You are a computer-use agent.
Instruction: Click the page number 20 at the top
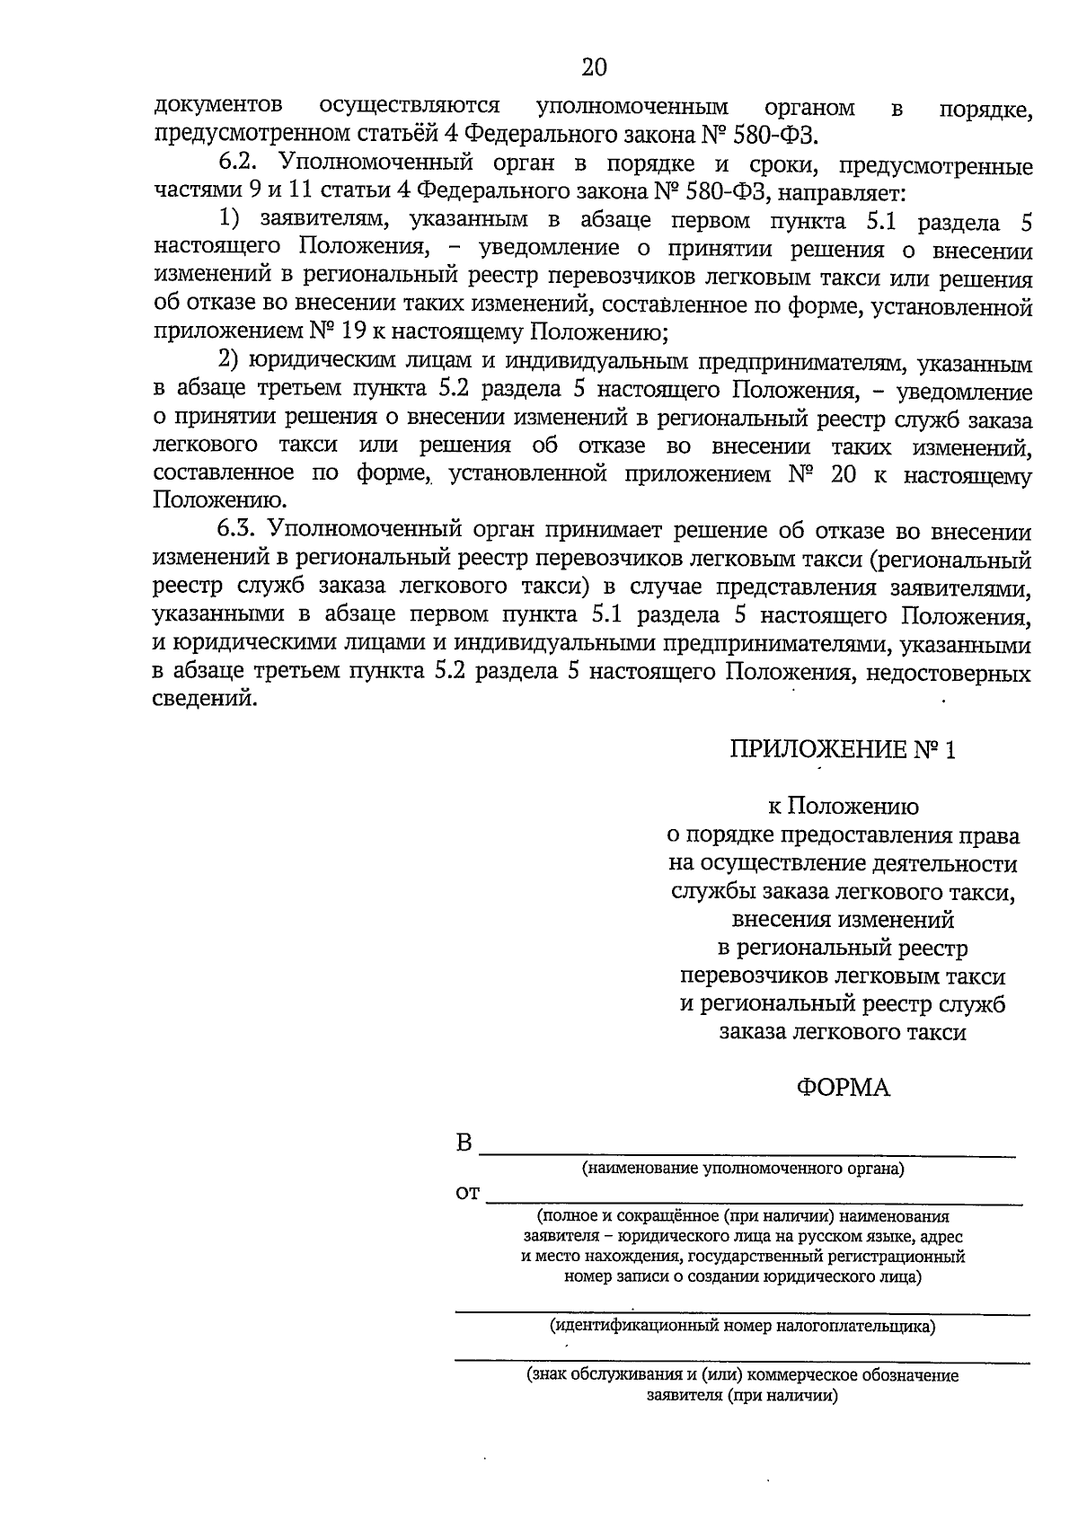pyautogui.click(x=594, y=68)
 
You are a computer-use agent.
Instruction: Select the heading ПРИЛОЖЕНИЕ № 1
pyautogui.click(x=843, y=749)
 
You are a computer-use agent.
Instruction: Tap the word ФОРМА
pyautogui.click(x=843, y=1088)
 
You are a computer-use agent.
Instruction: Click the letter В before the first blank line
pyautogui.click(x=464, y=1143)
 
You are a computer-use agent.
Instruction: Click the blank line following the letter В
pyautogui.click(x=750, y=1154)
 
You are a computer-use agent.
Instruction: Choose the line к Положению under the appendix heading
pyautogui.click(x=843, y=807)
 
